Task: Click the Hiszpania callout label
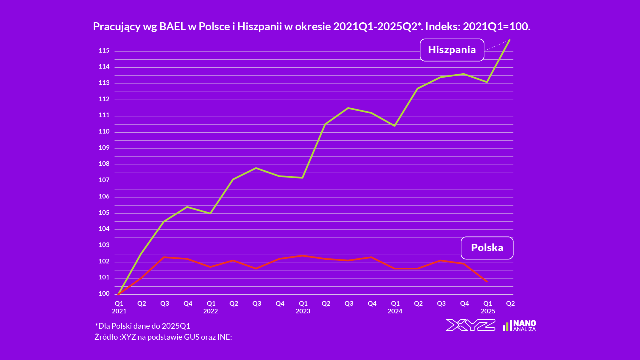(x=452, y=50)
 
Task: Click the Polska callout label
(x=487, y=248)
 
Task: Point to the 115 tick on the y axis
(x=104, y=51)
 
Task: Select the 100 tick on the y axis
(x=104, y=294)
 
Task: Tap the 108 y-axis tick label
(x=104, y=164)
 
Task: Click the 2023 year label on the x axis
(x=303, y=311)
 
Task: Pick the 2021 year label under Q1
(x=119, y=311)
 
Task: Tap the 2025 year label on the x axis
(x=488, y=311)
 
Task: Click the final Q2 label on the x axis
(x=510, y=303)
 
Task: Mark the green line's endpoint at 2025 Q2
(x=510, y=40)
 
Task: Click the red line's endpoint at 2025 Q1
(x=487, y=281)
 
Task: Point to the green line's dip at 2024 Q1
(x=394, y=126)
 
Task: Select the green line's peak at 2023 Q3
(x=348, y=108)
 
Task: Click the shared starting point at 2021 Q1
(x=118, y=294)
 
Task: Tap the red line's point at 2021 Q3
(x=164, y=257)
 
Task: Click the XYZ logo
(x=470, y=325)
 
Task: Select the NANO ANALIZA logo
(x=519, y=325)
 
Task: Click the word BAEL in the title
(x=172, y=27)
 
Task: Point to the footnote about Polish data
(x=143, y=326)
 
